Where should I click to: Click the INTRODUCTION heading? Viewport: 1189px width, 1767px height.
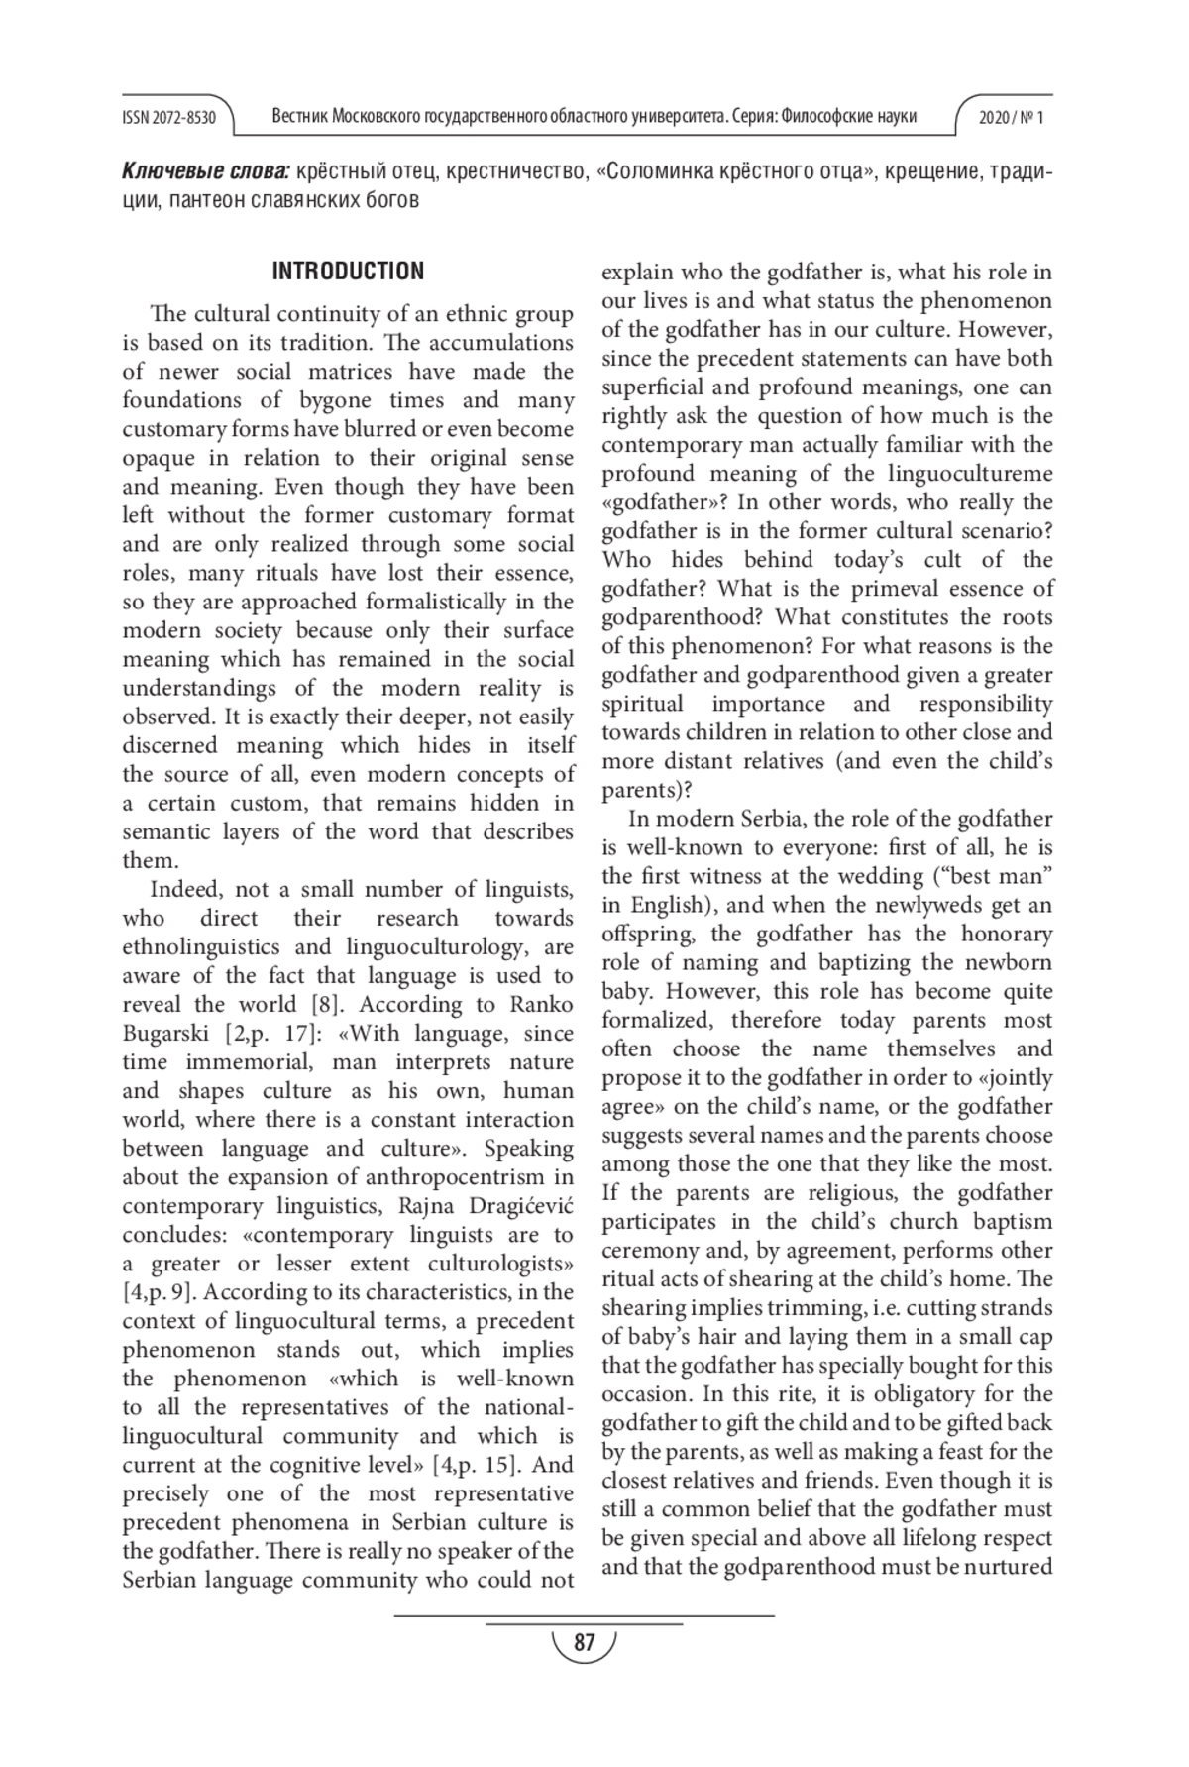[x=348, y=272]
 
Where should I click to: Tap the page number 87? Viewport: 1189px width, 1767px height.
[x=585, y=1643]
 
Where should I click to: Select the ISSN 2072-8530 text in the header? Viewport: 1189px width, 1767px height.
[x=168, y=118]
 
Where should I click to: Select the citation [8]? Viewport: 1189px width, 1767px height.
[x=327, y=1004]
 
